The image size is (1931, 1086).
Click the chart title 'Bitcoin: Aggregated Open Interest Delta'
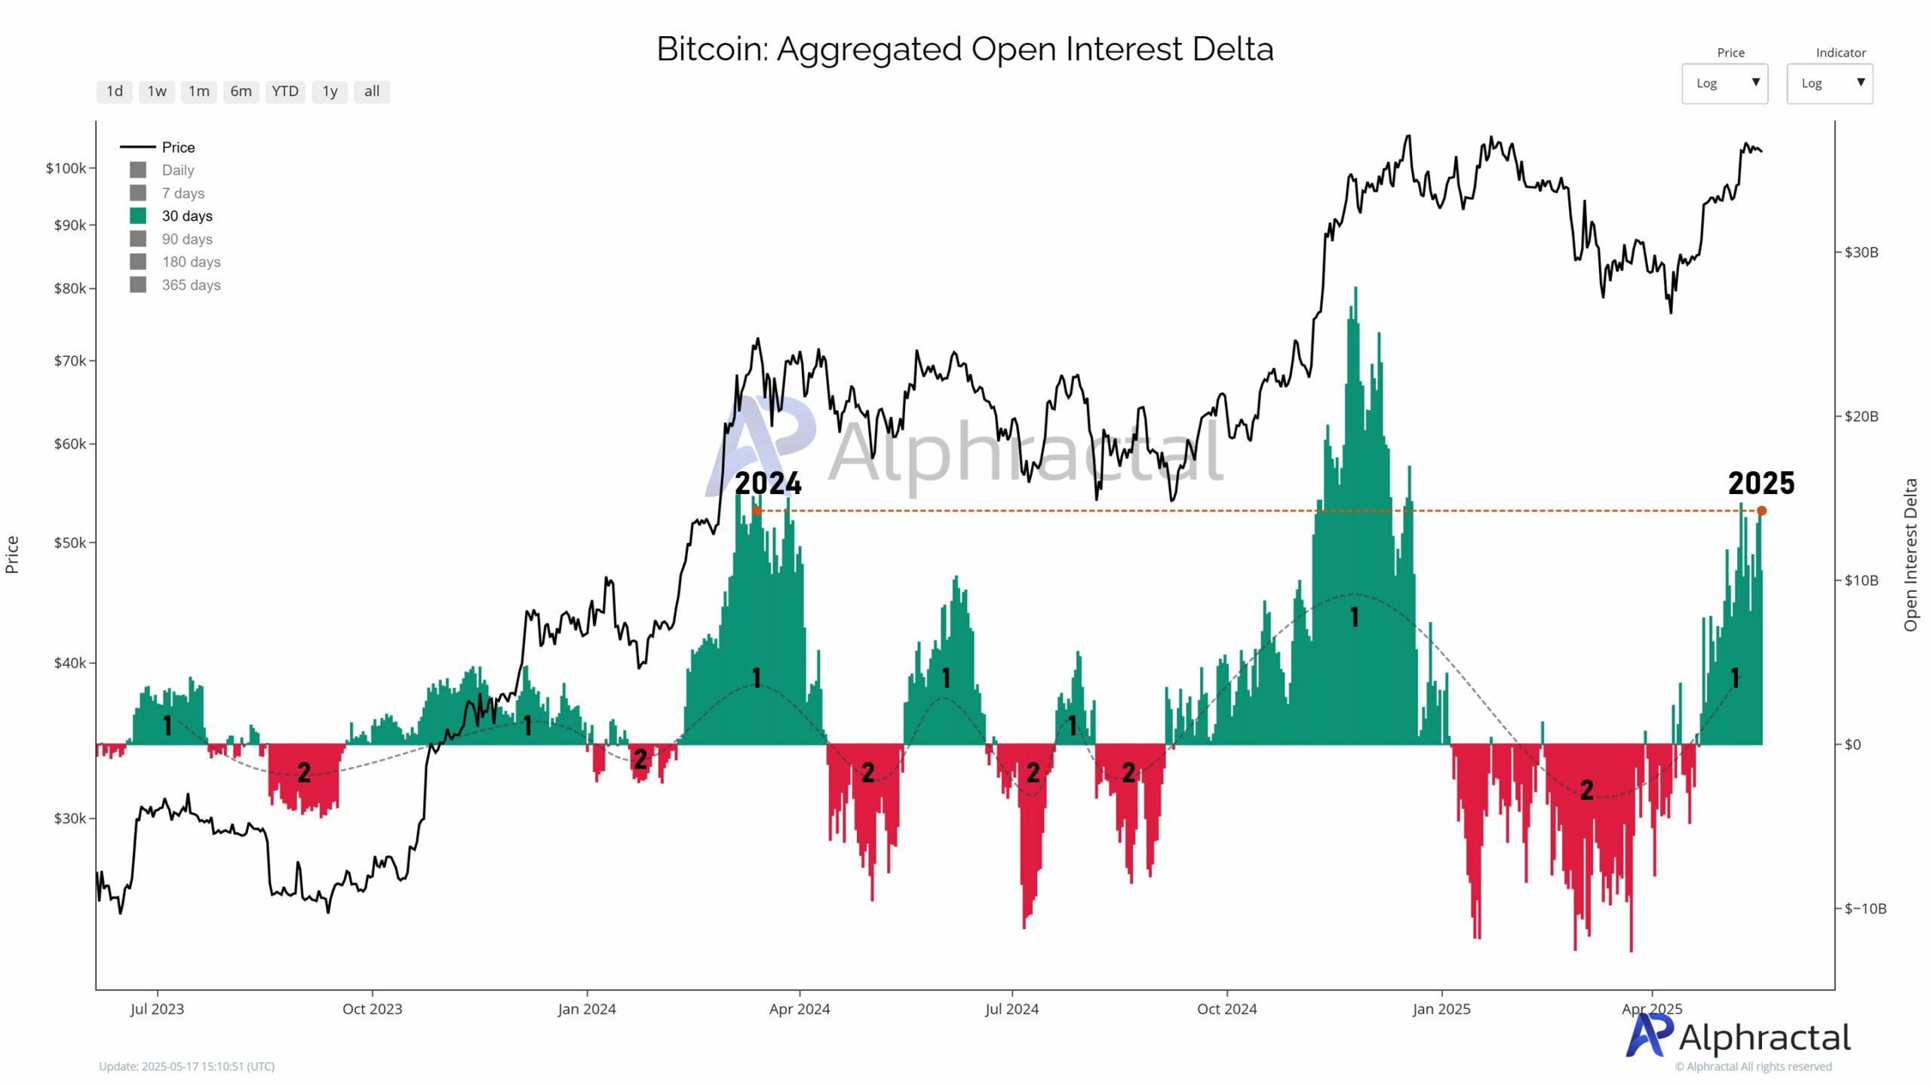tap(965, 49)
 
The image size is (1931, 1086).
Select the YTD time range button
tap(285, 91)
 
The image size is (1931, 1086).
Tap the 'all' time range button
tap(371, 91)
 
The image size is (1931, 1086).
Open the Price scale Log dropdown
tap(1724, 83)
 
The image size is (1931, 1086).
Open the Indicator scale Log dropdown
tap(1829, 83)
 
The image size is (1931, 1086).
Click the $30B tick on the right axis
tap(1861, 252)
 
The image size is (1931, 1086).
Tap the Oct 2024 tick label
tap(1226, 1009)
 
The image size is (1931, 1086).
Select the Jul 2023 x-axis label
tap(157, 1009)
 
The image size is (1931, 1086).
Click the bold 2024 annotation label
tap(768, 483)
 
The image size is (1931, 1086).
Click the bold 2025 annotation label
tap(1761, 483)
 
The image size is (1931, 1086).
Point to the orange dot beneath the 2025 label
tap(1762, 511)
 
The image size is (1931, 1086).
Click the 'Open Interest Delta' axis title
tap(1911, 555)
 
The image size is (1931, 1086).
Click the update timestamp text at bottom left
tap(186, 1066)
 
